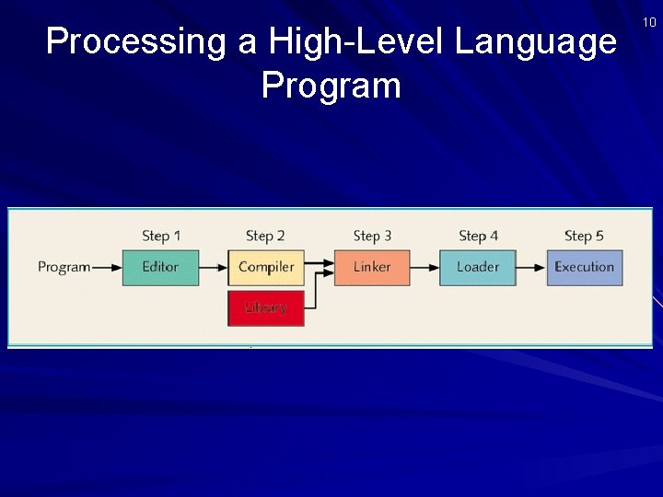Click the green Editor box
160,267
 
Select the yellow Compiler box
266,267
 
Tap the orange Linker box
372,267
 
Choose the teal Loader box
478,267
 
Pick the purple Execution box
584,267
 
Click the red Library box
266,308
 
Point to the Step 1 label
161,237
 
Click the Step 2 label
265,237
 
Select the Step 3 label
372,237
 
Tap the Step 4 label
478,237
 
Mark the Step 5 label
584,237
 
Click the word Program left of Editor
64,267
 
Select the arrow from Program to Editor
107,268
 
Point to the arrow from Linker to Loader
425,268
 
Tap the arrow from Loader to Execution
530,268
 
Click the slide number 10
649,22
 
